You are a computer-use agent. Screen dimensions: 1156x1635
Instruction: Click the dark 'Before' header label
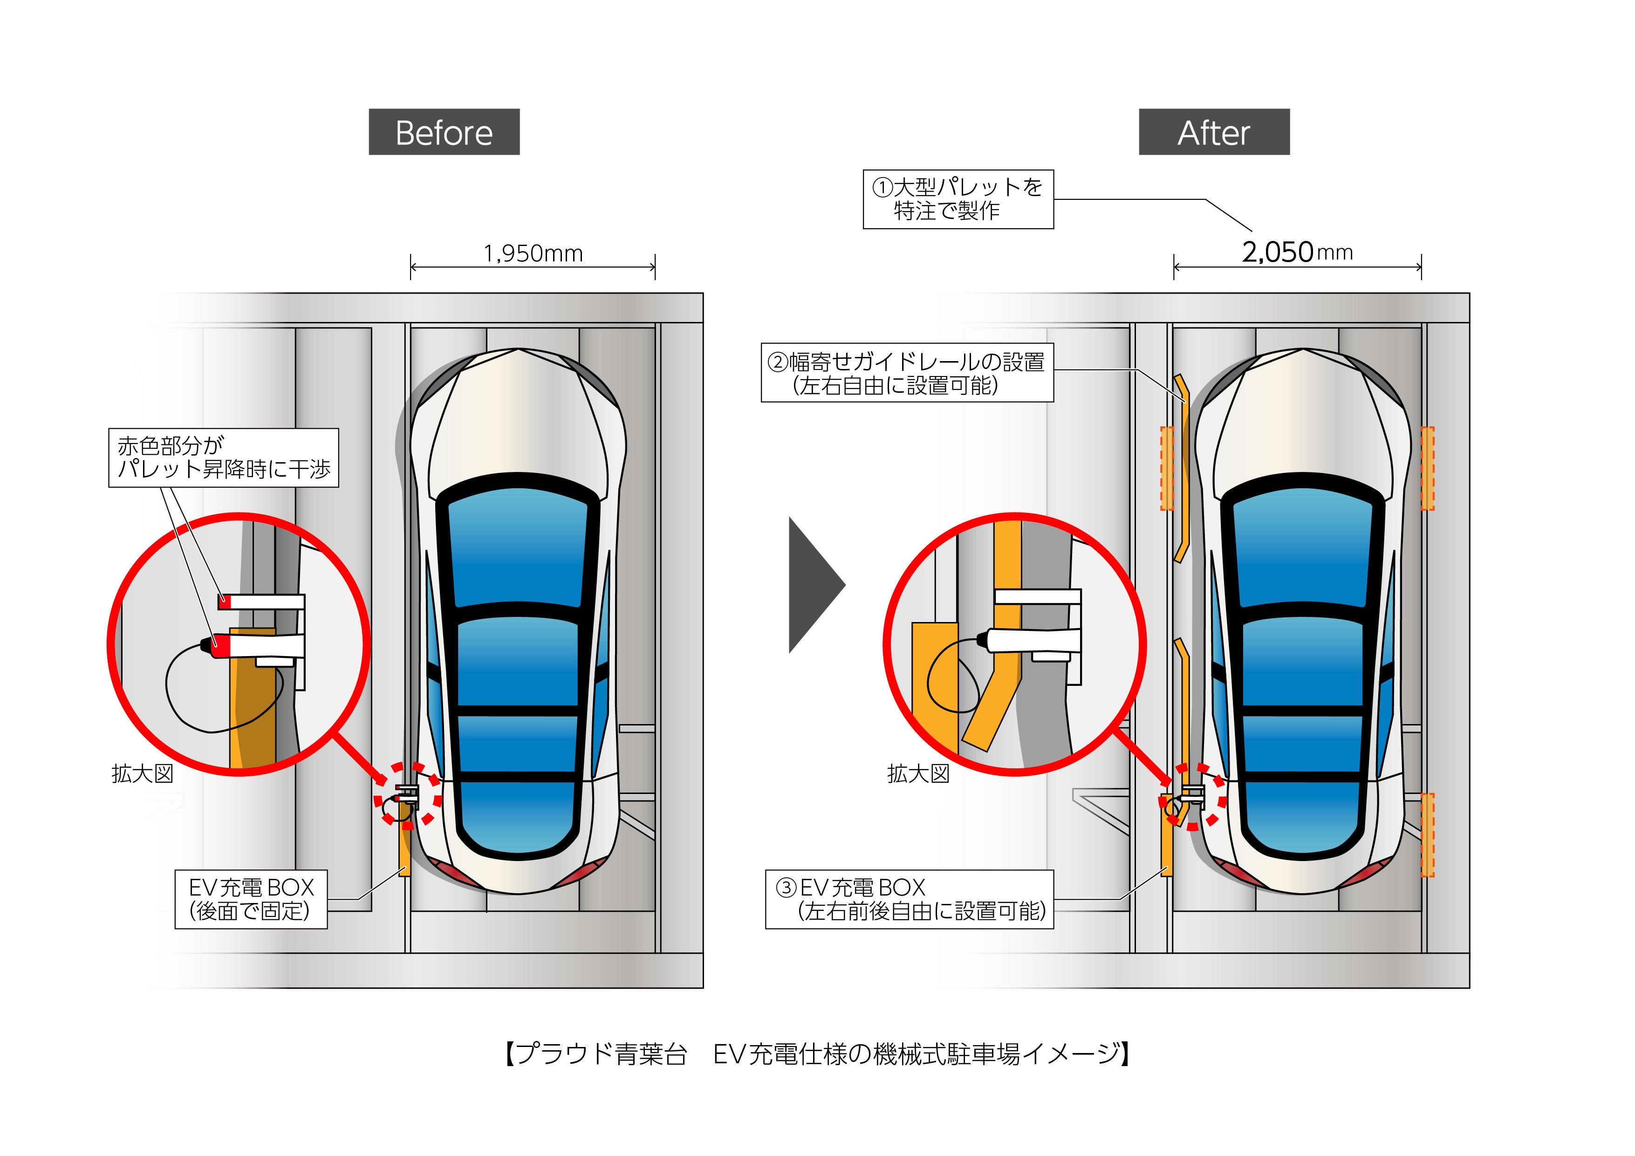444,132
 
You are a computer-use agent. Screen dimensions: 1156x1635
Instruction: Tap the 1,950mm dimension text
533,253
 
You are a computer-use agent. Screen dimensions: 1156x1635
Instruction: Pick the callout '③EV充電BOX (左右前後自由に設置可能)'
909,899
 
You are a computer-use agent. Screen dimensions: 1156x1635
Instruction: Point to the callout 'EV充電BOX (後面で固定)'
251,899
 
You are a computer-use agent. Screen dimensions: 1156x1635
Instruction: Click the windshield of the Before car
518,548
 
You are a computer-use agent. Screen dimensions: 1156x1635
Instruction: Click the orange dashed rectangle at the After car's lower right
1427,835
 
